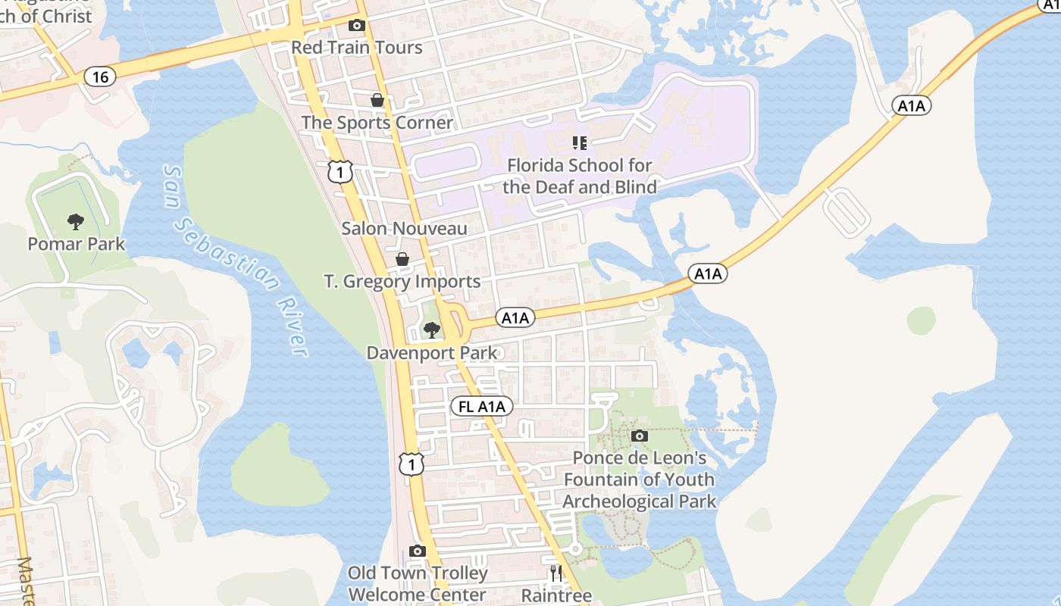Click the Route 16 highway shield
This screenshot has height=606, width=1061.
[99, 76]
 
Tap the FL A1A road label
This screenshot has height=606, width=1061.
[482, 407]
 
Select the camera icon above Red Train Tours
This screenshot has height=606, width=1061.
[356, 25]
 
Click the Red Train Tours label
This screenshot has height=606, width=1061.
[357, 47]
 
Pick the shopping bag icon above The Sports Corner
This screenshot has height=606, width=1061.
[377, 100]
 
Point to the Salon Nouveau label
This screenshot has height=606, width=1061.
[404, 228]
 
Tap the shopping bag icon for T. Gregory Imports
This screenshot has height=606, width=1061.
[402, 259]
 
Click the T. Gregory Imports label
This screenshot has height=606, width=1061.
[402, 282]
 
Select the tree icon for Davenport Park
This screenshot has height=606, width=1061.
[431, 330]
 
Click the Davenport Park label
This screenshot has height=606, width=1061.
[432, 353]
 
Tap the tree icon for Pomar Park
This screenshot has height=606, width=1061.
[75, 221]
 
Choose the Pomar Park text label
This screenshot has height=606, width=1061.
[76, 244]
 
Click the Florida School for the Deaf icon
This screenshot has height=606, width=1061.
[580, 142]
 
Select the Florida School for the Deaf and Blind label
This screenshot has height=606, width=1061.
[580, 176]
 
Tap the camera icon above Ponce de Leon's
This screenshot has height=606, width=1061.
[640, 436]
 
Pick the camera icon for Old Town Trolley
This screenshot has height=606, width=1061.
[417, 551]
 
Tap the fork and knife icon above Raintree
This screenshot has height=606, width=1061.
[556, 573]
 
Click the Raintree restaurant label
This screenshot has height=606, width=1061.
[556, 595]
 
